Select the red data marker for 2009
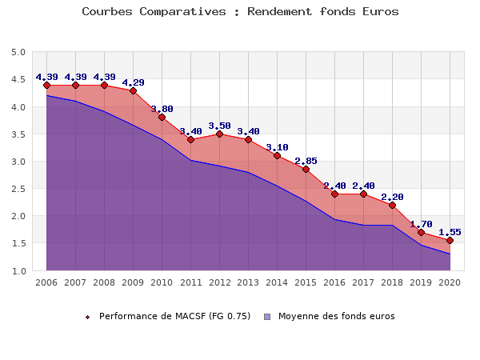(x=133, y=90)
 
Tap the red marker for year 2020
(x=450, y=240)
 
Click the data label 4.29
(x=133, y=82)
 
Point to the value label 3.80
(x=162, y=109)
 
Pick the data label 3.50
(x=219, y=126)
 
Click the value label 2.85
(x=306, y=161)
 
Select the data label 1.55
(x=450, y=232)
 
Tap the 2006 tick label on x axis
(x=46, y=282)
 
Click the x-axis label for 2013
(x=248, y=282)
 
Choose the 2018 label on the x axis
(x=392, y=282)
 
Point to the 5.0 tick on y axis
(x=18, y=53)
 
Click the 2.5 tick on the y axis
(x=18, y=189)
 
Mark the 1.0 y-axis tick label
(x=18, y=271)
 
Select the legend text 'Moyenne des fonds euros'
(x=336, y=316)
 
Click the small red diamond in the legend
(x=88, y=317)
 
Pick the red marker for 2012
(x=219, y=134)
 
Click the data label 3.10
(x=277, y=147)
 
